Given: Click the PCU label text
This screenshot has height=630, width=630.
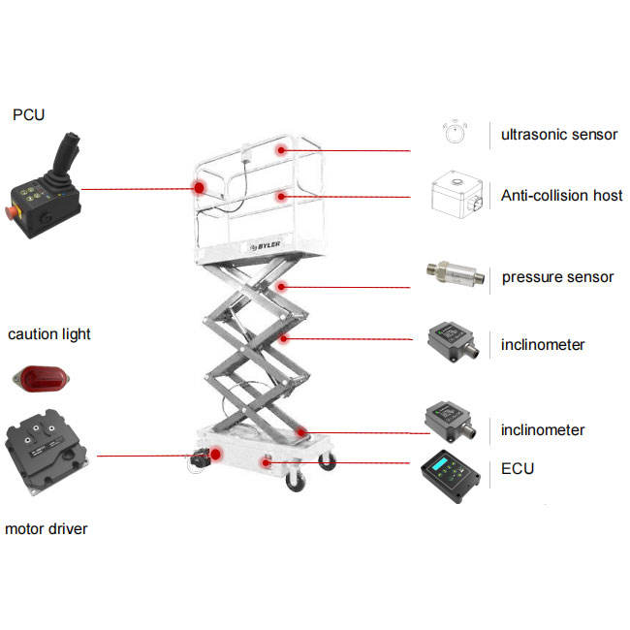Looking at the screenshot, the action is click(x=28, y=115).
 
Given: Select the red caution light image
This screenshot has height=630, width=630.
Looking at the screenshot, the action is click(x=41, y=378).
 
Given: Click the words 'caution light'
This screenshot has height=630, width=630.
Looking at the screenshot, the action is click(x=49, y=334).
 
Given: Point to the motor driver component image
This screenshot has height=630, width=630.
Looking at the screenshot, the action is click(x=47, y=452).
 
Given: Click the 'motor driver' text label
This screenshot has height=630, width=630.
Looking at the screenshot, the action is click(x=46, y=529).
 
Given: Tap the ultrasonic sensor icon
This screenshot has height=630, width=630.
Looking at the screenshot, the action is click(x=455, y=132).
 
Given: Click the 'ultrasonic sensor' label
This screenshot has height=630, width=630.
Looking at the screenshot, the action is click(x=559, y=135).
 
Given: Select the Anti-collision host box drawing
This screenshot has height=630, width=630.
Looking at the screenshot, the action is click(x=457, y=195).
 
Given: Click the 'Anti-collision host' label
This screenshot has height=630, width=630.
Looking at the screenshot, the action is click(x=561, y=196).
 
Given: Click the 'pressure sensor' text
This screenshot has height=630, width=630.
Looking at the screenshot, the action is click(x=557, y=277).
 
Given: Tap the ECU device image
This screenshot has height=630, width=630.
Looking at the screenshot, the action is click(x=450, y=476).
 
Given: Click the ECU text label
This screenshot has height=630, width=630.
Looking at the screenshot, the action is click(x=518, y=469).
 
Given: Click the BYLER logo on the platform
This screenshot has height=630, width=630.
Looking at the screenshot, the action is click(x=265, y=245).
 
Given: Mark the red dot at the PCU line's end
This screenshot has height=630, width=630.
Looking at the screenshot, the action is click(x=199, y=187).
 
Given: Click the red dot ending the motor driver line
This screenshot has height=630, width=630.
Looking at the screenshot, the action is click(x=216, y=455).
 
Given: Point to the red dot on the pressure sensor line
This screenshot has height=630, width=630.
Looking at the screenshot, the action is click(x=282, y=287).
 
